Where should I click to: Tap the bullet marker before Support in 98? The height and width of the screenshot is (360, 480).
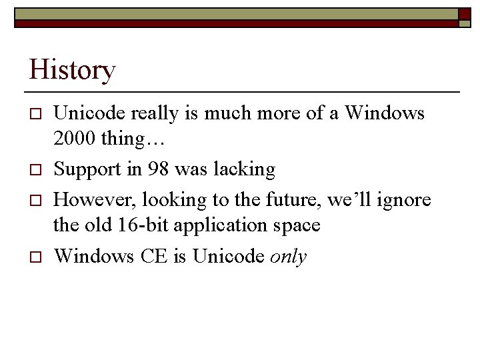coord(37,171)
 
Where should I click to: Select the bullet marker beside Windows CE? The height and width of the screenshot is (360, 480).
coord(37,257)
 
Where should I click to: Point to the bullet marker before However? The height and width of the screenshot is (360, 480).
coord(37,201)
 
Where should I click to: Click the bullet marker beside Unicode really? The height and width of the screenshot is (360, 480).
coord(37,115)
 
